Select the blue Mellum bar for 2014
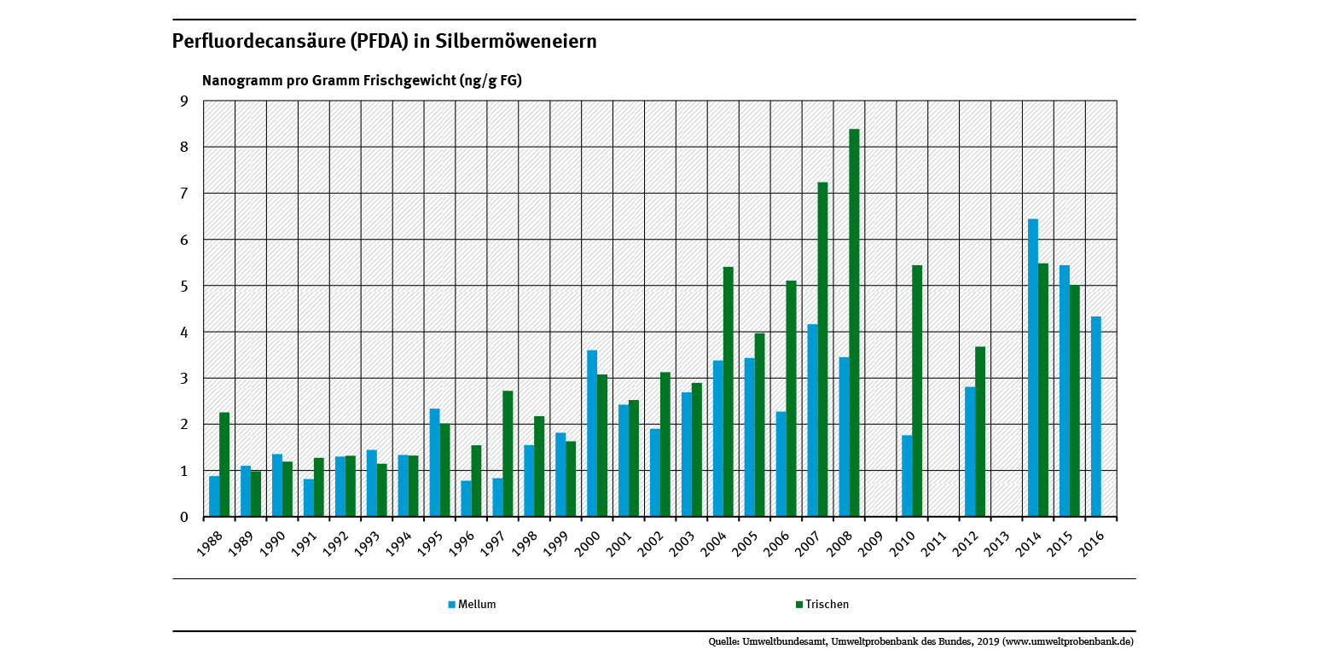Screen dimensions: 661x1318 pyautogui.click(x=1032, y=368)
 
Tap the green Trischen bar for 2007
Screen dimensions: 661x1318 pyautogui.click(x=822, y=349)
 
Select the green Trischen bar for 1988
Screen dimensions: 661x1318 pyautogui.click(x=224, y=464)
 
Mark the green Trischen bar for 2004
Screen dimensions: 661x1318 pyautogui.click(x=729, y=391)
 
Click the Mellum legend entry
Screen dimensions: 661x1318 pyautogui.click(x=476, y=605)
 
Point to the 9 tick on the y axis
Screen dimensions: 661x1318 pyautogui.click(x=183, y=101)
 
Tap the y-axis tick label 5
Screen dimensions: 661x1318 pyautogui.click(x=183, y=287)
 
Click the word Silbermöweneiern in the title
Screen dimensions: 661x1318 pyautogui.click(x=518, y=41)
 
